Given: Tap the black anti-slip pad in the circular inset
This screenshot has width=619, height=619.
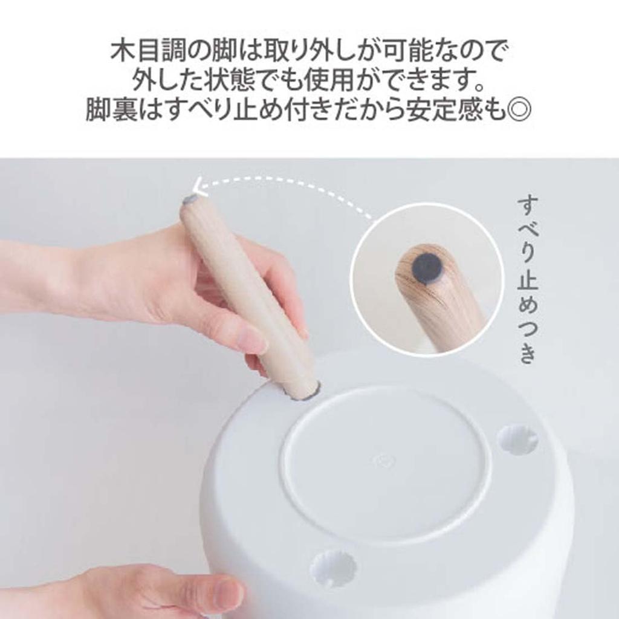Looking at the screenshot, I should point(427,267).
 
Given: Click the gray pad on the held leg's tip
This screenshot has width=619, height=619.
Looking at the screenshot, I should point(190,199).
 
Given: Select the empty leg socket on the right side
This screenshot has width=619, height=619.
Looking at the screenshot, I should point(517,439).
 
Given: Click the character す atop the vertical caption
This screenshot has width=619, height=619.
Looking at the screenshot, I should point(528,206).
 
